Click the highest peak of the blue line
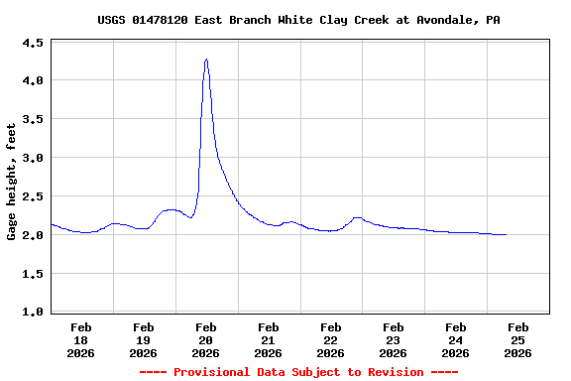point(206,59)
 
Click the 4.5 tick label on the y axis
point(33,44)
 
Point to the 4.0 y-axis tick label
point(33,80)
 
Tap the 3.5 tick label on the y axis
point(33,119)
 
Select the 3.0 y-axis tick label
point(33,158)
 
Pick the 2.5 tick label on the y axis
point(33,196)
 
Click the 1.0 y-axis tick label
point(33,313)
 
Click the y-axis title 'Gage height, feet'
point(12,182)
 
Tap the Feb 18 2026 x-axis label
point(81,339)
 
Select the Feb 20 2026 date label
point(206,339)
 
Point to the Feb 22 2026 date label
point(331,339)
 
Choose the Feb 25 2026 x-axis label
point(517,339)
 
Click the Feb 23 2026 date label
point(394,339)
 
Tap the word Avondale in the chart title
point(435,20)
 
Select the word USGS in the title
point(112,20)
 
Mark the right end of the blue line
point(507,235)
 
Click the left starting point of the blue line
point(51,224)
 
